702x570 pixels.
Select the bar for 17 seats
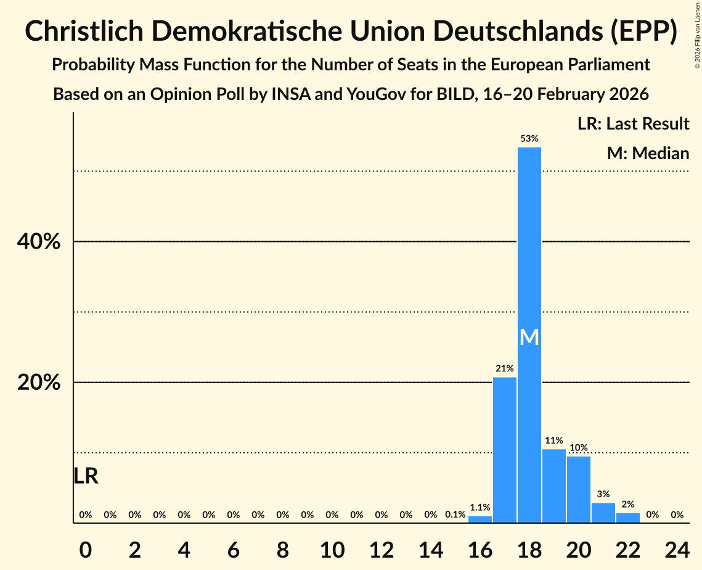pyautogui.click(x=505, y=450)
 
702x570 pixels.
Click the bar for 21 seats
pyautogui.click(x=603, y=513)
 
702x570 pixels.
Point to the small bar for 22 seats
pyautogui.click(x=628, y=518)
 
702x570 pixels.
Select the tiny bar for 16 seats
pyautogui.click(x=480, y=519)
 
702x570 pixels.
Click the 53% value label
pyautogui.click(x=529, y=139)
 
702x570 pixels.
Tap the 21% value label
pyautogui.click(x=505, y=369)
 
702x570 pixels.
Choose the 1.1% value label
pyautogui.click(x=480, y=508)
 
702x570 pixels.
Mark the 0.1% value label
pyautogui.click(x=455, y=514)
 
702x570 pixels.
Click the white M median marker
pyautogui.click(x=529, y=337)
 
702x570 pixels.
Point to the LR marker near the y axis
pyautogui.click(x=86, y=476)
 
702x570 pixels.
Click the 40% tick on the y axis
pyautogui.click(x=39, y=242)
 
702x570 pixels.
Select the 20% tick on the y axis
pyautogui.click(x=39, y=382)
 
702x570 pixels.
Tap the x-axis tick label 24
pyautogui.click(x=677, y=548)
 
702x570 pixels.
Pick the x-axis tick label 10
pyautogui.click(x=332, y=548)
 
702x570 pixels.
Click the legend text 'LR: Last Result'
pyautogui.click(x=634, y=124)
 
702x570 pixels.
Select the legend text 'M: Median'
pyautogui.click(x=648, y=153)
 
